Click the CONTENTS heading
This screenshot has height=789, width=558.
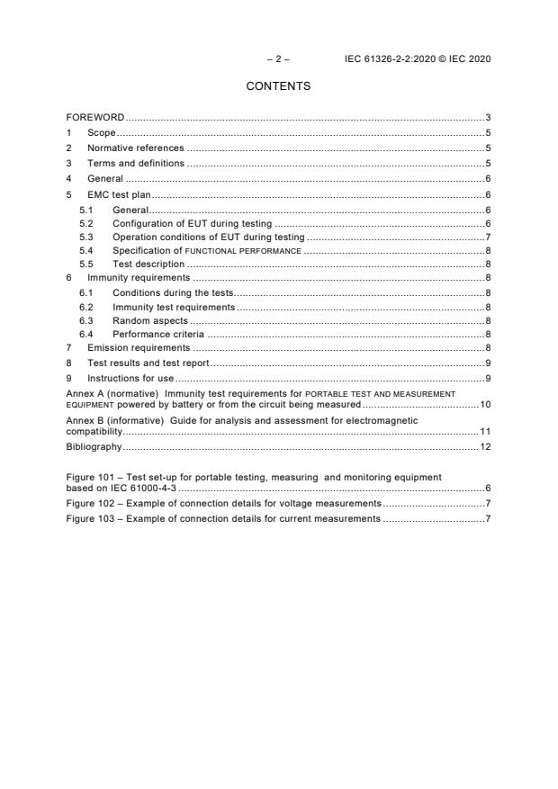click(278, 86)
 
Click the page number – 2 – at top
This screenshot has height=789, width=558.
click(278, 59)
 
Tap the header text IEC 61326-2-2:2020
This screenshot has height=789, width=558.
click(388, 59)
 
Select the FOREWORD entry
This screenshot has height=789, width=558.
click(95, 118)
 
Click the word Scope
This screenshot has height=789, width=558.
click(101, 133)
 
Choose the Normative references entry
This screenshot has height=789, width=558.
click(135, 148)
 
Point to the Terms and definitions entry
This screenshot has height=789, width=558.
click(135, 163)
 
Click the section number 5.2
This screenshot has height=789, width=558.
click(86, 222)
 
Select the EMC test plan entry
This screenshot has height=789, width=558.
click(120, 193)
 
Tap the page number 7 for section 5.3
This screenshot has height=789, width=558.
click(488, 237)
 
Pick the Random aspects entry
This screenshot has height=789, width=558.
click(150, 319)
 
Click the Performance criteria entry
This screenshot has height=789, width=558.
click(157, 334)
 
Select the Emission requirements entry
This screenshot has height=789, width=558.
click(138, 347)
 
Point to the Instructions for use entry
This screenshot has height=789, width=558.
click(130, 377)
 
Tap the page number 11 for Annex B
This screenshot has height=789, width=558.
click(485, 432)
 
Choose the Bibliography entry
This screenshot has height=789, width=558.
click(94, 446)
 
